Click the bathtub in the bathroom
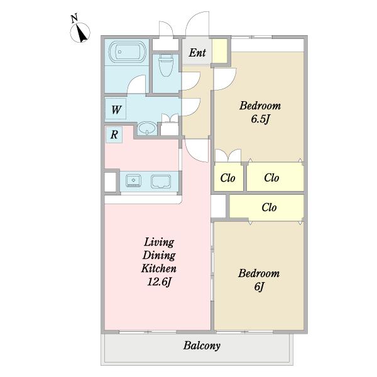(127, 52)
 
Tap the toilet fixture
(166, 65)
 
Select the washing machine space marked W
(116, 109)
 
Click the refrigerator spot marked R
(114, 134)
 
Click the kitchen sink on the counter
(133, 180)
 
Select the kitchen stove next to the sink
(161, 181)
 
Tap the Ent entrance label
(197, 53)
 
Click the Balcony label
(202, 346)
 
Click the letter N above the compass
(74, 18)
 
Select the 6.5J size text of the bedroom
(261, 119)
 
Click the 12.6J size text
(159, 281)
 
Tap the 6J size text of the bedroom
(259, 287)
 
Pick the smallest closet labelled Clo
(228, 177)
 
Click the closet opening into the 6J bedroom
(266, 207)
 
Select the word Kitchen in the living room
(159, 268)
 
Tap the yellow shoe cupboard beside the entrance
(219, 51)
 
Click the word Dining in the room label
(159, 255)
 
